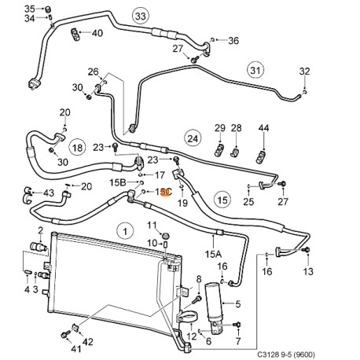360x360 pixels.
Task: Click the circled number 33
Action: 140,16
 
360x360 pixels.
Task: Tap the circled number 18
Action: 78,147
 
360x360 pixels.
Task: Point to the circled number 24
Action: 191,139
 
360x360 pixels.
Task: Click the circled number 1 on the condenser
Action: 123,231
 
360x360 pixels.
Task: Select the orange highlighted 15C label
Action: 163,191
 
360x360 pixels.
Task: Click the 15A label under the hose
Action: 213,254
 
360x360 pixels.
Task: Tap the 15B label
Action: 116,182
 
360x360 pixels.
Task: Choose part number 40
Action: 97,33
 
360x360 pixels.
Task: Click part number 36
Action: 233,40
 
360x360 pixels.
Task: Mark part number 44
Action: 263,128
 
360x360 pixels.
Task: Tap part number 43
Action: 48,193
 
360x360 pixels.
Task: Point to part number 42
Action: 87,341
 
